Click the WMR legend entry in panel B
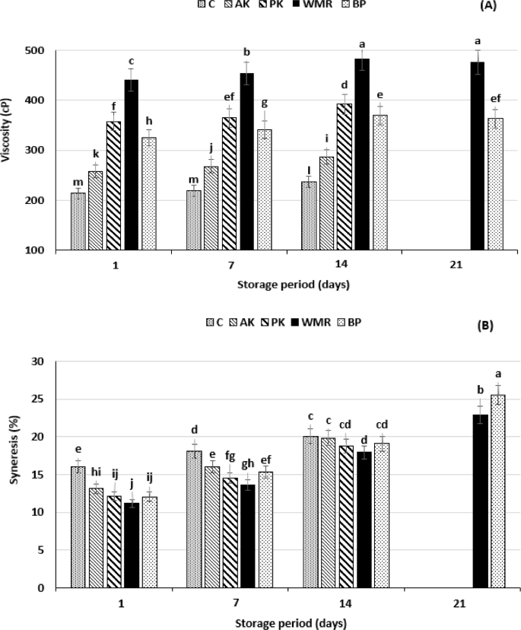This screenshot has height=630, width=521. coord(322,322)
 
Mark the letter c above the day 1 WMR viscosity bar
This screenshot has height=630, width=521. coord(132,61)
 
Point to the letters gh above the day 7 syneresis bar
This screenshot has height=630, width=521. coord(247,463)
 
